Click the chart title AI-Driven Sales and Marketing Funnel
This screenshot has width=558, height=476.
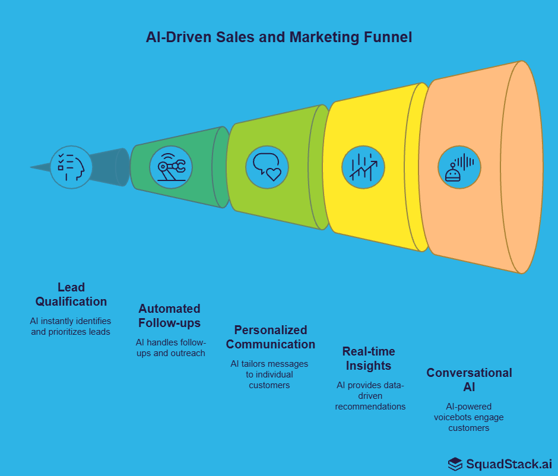click(x=279, y=37)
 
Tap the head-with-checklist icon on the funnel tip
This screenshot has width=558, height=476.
click(x=71, y=167)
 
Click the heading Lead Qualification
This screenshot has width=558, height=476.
click(x=71, y=294)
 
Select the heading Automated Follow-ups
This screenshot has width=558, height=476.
click(x=169, y=316)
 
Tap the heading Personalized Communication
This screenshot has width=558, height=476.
click(x=270, y=337)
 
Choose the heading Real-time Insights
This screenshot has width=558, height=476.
click(x=369, y=358)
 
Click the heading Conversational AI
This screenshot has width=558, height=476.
click(x=469, y=380)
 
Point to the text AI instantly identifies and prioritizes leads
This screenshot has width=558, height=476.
click(x=71, y=326)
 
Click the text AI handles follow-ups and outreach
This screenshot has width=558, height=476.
click(x=171, y=348)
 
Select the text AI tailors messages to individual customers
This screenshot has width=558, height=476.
click(x=270, y=375)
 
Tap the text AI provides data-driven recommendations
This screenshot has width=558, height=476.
click(x=370, y=396)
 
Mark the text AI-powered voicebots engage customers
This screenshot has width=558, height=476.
click(x=469, y=417)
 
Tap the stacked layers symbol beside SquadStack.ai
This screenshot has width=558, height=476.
click(x=455, y=463)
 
